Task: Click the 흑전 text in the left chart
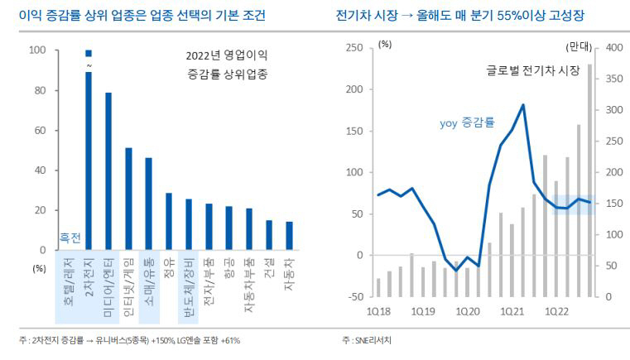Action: [70, 238]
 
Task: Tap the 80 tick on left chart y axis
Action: [38, 90]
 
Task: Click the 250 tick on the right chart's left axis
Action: [353, 49]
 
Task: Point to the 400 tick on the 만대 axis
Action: [616, 49]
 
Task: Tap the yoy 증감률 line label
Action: [466, 122]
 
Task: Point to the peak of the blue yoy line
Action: [523, 105]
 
